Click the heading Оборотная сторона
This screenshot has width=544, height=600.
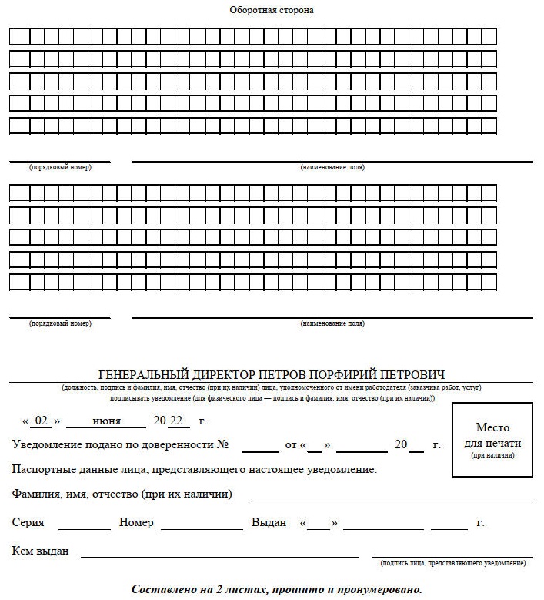click(272, 10)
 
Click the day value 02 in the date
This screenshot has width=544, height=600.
click(42, 421)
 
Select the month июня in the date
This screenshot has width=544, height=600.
click(105, 421)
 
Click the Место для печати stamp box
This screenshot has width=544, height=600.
click(492, 440)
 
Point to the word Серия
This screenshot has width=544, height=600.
click(28, 522)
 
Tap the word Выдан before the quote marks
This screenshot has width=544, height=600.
click(269, 522)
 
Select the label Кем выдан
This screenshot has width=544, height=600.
click(41, 551)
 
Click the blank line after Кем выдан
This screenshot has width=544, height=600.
click(219, 553)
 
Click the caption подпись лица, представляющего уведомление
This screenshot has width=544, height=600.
click(452, 563)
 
